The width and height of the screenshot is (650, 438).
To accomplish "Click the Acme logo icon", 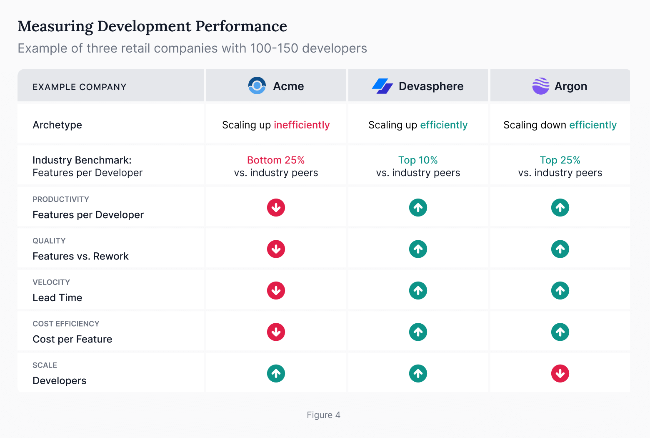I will (257, 86).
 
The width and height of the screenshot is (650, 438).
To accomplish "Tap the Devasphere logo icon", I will (382, 86).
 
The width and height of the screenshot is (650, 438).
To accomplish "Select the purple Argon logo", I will (540, 86).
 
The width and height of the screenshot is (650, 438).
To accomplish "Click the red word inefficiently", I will (302, 125).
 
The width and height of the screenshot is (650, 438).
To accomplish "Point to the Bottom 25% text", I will (276, 160).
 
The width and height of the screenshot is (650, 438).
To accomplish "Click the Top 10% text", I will (418, 160).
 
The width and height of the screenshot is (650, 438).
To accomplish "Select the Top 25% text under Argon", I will (560, 160).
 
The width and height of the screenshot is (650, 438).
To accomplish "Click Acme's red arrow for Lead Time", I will (276, 290).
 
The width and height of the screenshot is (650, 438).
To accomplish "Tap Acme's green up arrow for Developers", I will (276, 373).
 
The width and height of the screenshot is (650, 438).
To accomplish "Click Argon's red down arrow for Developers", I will (560, 373).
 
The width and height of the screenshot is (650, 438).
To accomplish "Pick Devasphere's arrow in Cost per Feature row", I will (418, 332).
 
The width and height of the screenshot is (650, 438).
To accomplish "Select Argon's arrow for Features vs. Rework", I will (560, 249).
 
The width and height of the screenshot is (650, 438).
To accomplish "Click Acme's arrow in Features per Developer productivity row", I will (276, 207).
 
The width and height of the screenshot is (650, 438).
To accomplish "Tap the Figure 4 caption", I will (323, 415).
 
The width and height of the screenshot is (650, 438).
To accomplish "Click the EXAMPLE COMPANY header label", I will (79, 87).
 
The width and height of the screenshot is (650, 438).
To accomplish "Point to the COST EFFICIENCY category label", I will (66, 324).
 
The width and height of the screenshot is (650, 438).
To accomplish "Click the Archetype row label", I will (57, 125).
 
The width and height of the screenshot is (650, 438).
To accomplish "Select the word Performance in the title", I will (241, 26).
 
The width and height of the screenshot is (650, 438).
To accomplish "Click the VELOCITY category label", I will (51, 282).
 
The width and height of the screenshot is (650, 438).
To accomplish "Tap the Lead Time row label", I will (57, 298).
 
